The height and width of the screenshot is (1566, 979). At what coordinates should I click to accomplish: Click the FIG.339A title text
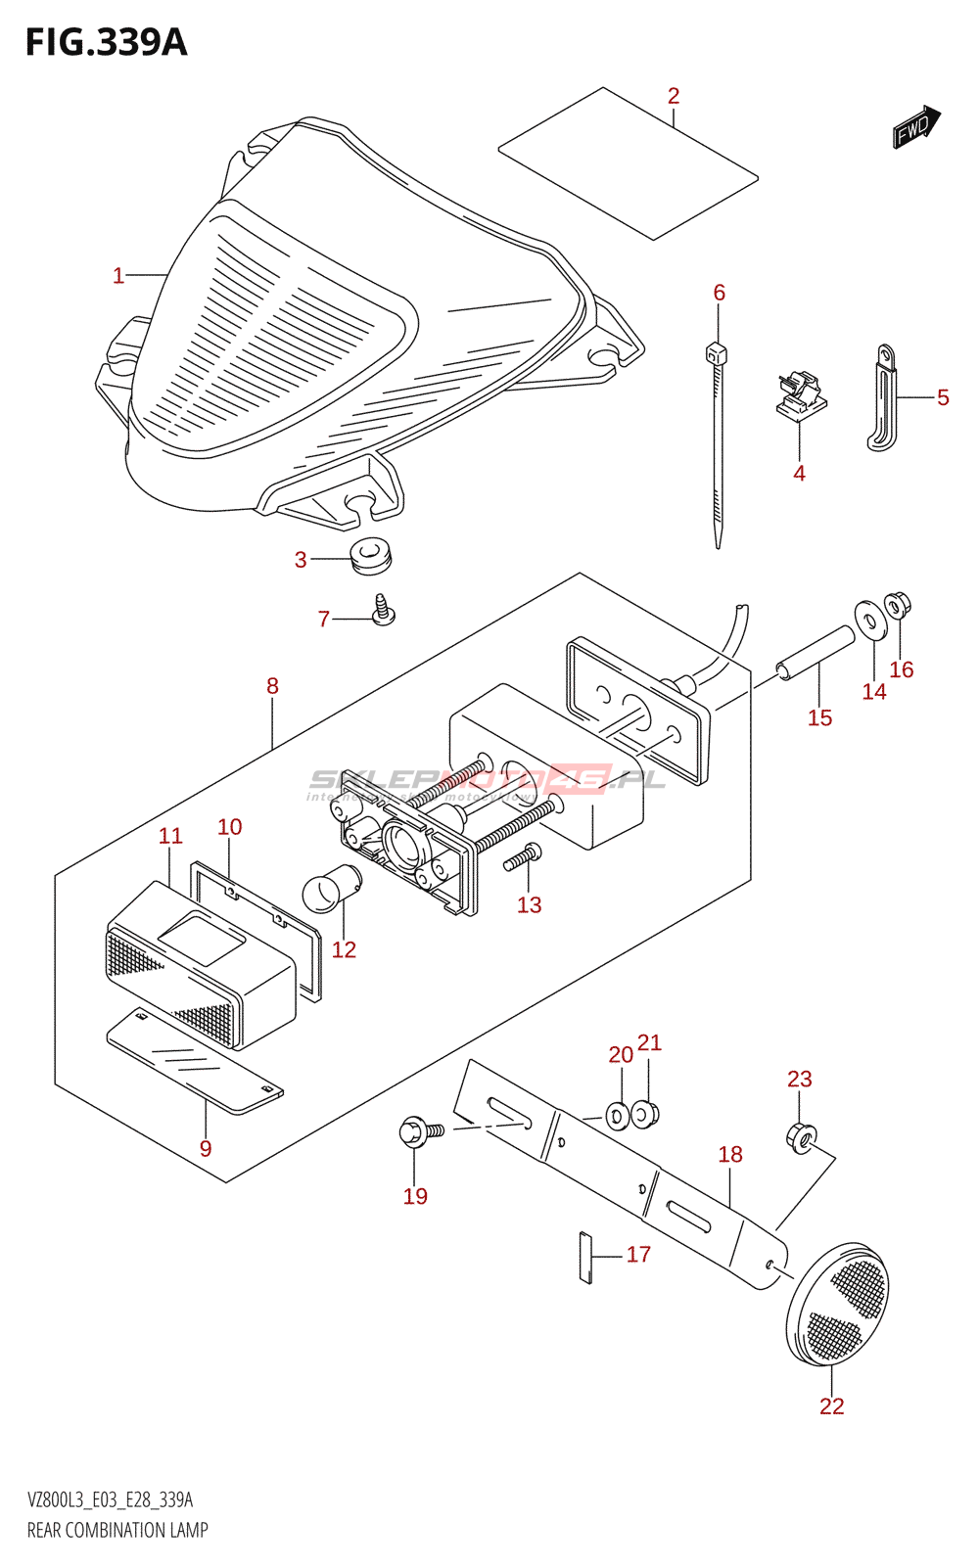coord(106,43)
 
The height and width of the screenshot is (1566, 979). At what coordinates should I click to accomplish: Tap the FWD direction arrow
coord(915,127)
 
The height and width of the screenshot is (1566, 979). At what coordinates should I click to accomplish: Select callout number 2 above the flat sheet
coord(674,96)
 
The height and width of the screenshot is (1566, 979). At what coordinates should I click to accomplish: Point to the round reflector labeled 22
coord(838,1303)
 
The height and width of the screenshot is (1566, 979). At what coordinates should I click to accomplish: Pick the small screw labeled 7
coord(383,611)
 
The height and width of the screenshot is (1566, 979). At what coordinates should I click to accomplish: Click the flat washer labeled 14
coord(867,618)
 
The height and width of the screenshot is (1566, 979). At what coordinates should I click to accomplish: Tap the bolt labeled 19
coord(419,1132)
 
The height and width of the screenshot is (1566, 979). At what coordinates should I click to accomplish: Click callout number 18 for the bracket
coord(730,1155)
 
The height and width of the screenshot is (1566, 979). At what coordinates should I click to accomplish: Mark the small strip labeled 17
coord(585,1257)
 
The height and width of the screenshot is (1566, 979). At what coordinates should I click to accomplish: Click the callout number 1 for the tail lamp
coord(118,276)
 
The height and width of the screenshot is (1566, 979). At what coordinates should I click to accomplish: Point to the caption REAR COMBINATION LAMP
coord(117,1530)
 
